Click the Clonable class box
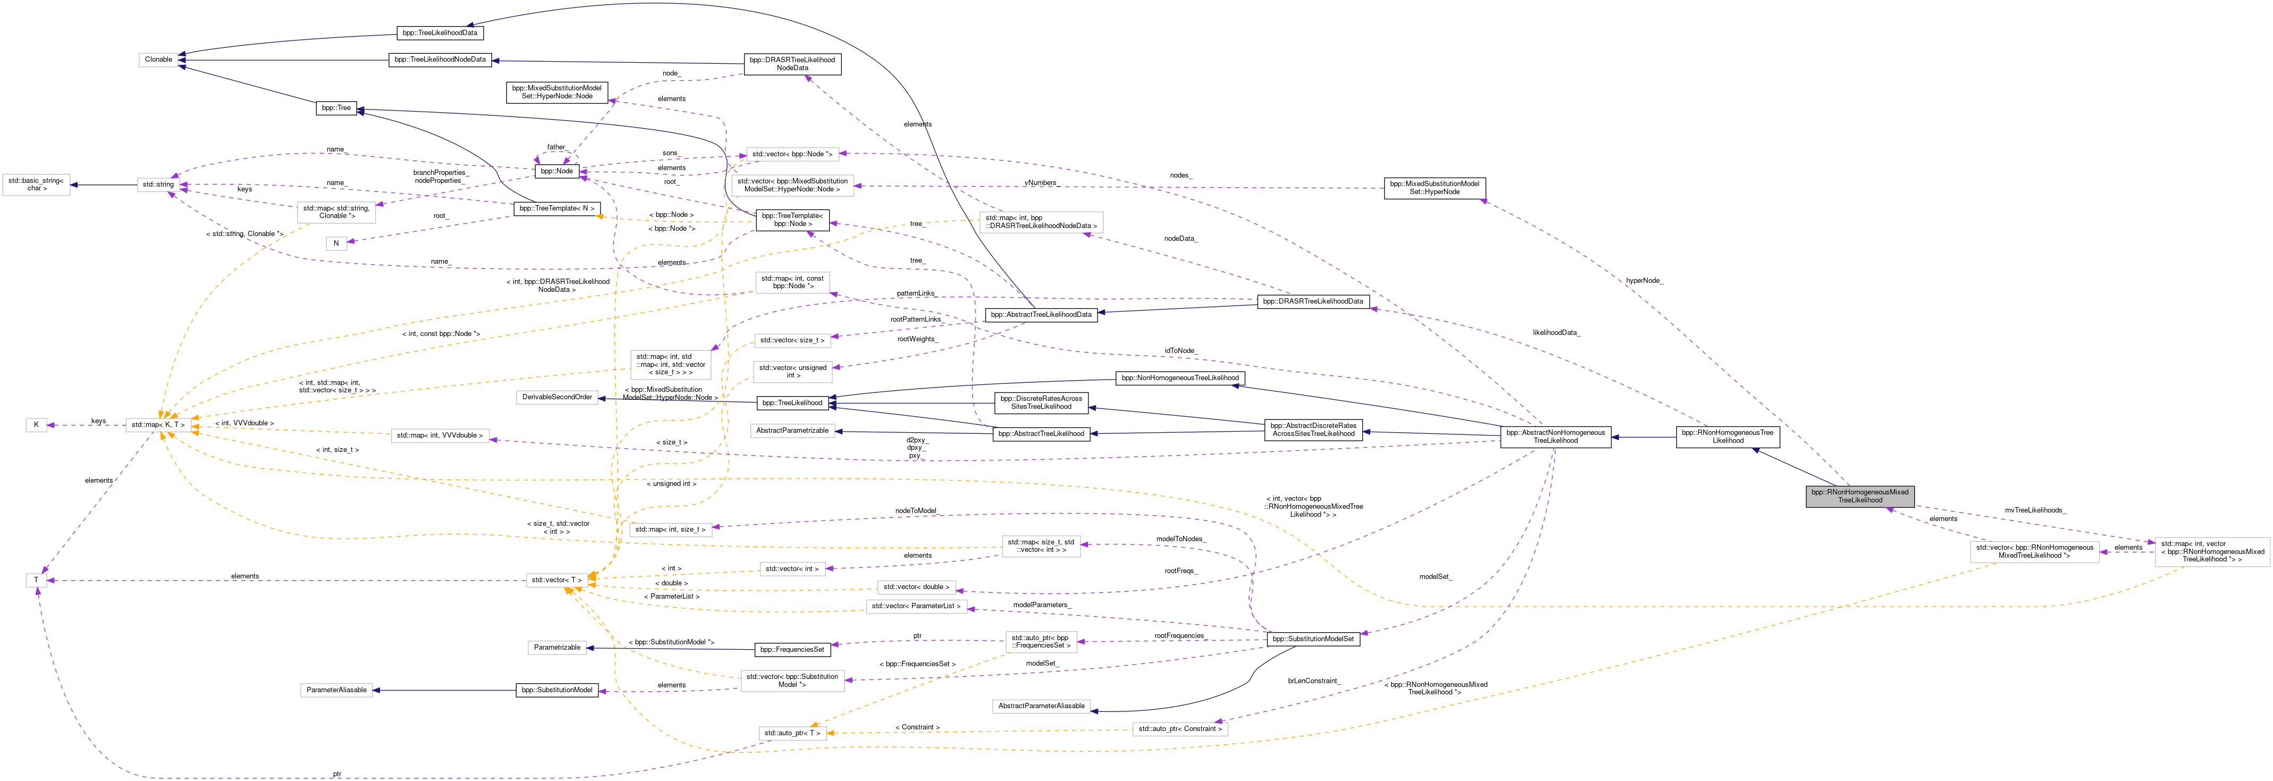point(159,60)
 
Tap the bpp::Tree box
point(336,108)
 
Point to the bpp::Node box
point(557,171)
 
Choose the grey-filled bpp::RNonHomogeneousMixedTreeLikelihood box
point(1860,496)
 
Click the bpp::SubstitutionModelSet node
point(1313,639)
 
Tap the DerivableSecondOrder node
point(557,397)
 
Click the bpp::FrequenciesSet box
point(792,650)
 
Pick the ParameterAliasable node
point(336,690)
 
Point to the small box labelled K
point(36,424)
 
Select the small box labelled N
point(336,243)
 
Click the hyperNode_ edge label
point(1644,281)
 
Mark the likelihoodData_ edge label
point(1556,333)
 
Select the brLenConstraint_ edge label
point(1313,681)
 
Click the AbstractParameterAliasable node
point(1041,706)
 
